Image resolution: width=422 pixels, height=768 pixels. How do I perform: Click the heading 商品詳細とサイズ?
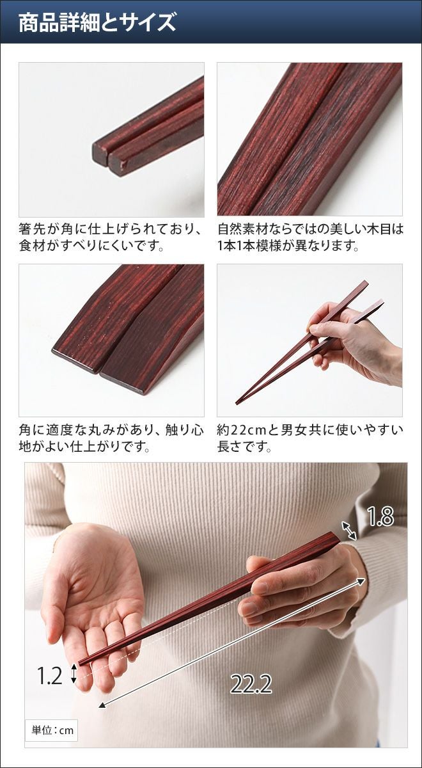(x=97, y=23)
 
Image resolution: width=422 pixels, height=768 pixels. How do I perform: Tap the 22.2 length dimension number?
(x=251, y=675)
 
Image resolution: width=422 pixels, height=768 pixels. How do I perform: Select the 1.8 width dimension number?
(x=380, y=516)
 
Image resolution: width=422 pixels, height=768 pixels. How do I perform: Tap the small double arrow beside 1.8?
(x=349, y=531)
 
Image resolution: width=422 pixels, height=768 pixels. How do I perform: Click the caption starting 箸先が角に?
(x=110, y=237)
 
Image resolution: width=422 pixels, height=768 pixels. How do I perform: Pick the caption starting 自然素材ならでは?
(x=310, y=237)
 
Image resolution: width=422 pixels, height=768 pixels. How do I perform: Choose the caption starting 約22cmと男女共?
(x=310, y=438)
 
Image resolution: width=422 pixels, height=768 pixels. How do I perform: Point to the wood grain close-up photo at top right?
(x=309, y=140)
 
